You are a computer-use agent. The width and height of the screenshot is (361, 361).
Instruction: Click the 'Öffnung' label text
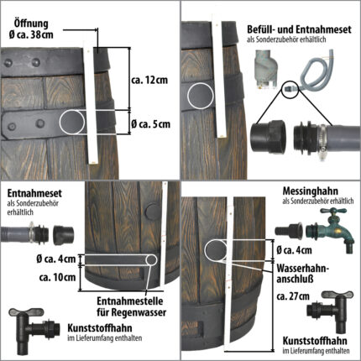pos(31,24)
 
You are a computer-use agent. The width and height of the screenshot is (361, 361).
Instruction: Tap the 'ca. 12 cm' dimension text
pos(149,80)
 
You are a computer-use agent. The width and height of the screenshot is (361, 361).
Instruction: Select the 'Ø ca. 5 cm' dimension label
pos(150,124)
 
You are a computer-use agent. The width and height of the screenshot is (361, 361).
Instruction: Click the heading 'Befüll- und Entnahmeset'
pos(299,29)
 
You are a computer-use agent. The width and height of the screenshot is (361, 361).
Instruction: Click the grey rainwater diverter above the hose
pos(265,69)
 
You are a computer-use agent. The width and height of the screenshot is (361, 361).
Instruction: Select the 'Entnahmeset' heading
pos(34,193)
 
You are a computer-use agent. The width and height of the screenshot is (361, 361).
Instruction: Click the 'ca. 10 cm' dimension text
pos(57,277)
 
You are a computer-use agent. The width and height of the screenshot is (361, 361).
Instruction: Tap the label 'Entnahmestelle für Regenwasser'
pos(132,306)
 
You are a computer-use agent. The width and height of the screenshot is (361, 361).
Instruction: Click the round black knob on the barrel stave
pos(152,212)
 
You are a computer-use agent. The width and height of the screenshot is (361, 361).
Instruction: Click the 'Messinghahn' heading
pos(311,191)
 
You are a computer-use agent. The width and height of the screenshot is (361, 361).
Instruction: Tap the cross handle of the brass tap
pos(334,212)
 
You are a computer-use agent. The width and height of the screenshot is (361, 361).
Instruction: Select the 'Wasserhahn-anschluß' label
pos(303,274)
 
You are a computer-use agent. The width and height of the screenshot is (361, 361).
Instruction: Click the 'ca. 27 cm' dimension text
pos(293,296)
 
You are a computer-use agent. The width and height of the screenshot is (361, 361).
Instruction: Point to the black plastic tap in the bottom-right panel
pos(330,311)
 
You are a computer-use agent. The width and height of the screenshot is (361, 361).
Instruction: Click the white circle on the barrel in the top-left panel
pos(72,122)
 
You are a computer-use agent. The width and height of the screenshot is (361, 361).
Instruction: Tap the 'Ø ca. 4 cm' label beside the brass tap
pos(294,250)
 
